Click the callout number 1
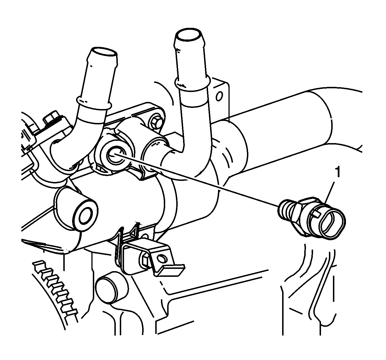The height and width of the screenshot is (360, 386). pyautogui.click(x=338, y=173)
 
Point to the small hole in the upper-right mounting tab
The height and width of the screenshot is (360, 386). pyautogui.click(x=219, y=97)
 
